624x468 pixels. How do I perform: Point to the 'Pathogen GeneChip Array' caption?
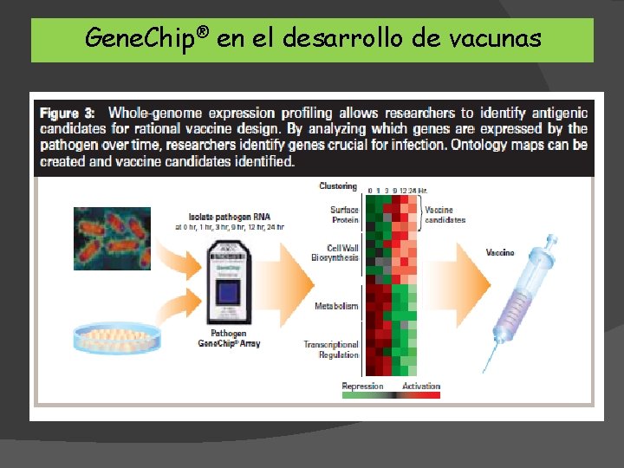pos(229,338)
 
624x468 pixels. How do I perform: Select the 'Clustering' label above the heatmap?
pos(337,185)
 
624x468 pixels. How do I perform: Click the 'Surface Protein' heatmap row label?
pos(344,214)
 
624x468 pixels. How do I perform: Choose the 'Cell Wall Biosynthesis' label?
pos(335,252)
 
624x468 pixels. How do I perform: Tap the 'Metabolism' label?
pos(336,306)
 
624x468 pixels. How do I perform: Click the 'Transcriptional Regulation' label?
pos(331,349)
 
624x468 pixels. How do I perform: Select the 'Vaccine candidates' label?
pos(445,214)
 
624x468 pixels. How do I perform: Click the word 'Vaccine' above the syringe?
pos(500,252)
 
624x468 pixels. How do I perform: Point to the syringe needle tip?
pos(489,371)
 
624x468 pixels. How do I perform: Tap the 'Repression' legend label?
pos(362,386)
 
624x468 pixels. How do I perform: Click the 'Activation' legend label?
pos(421,386)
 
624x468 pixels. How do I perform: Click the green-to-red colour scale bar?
pos(392,395)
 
